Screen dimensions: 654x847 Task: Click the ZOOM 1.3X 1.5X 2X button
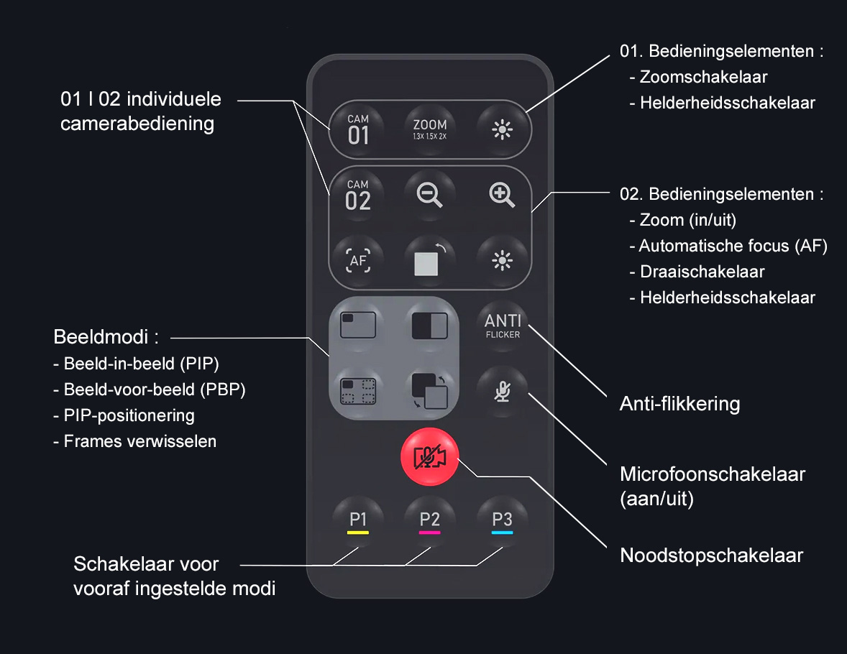click(x=430, y=129)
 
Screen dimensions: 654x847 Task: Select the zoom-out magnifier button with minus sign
click(x=430, y=195)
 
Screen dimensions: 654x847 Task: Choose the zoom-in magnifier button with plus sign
click(x=502, y=195)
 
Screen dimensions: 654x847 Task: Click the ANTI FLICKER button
click(x=503, y=325)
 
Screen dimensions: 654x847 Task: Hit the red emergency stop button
click(x=429, y=457)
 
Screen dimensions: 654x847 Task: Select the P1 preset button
click(x=358, y=521)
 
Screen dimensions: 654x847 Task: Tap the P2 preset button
click(x=430, y=521)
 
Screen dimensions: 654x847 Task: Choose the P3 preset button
click(x=502, y=521)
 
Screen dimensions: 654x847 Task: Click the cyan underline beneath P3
click(x=502, y=533)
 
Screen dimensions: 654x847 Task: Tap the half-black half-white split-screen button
click(x=430, y=326)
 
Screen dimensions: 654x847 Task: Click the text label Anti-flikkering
click(x=679, y=404)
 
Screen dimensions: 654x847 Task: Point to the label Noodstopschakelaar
click(x=711, y=556)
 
